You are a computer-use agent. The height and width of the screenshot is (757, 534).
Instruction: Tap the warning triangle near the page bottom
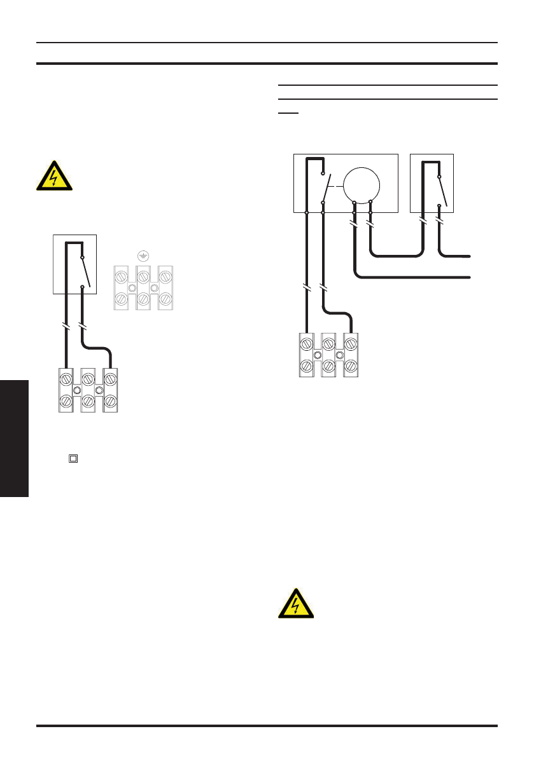pos(296,604)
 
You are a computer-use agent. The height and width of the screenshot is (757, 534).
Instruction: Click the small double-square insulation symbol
pos(73,458)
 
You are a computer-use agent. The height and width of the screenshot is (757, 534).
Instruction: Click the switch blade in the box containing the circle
pos(327,188)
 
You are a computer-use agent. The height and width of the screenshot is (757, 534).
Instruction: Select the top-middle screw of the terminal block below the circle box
pos(329,345)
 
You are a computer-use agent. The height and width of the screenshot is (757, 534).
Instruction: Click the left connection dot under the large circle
pos(355,202)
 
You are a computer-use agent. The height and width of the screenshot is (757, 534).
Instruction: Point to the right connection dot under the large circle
pos(370,202)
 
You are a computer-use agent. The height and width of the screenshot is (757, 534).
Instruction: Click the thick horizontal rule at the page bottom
pos(267,725)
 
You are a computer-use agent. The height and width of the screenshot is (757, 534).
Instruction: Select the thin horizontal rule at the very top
pos(267,43)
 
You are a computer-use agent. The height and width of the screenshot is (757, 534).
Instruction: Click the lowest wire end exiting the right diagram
pos(469,277)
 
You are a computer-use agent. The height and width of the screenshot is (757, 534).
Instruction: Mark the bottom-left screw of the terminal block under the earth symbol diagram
pos(64,402)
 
